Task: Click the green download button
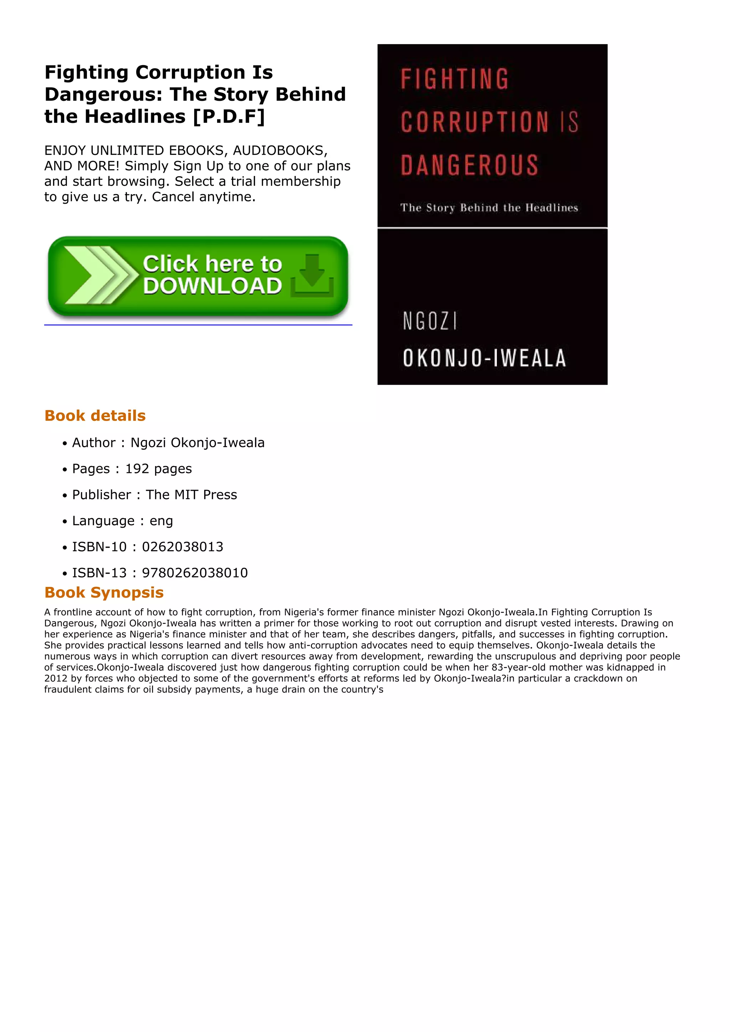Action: click(198, 276)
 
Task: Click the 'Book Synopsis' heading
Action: click(104, 593)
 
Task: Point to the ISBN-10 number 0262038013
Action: click(182, 547)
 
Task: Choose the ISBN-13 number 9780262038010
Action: click(195, 573)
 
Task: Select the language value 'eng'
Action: click(161, 521)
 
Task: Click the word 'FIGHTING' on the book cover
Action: click(454, 79)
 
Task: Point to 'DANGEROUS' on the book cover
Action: click(469, 165)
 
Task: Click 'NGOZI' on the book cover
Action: click(430, 321)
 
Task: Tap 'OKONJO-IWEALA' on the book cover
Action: click(484, 358)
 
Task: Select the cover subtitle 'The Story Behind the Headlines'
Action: click(489, 208)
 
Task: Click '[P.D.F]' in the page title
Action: click(229, 116)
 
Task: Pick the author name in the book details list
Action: click(197, 443)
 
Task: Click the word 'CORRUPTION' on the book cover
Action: click(474, 122)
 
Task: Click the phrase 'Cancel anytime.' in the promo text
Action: click(204, 197)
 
